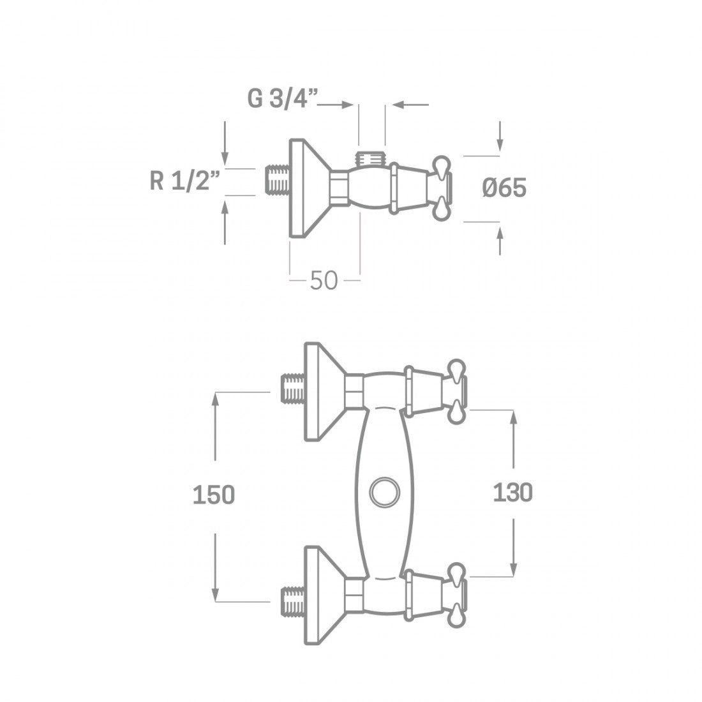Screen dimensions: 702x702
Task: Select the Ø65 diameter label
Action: (505, 188)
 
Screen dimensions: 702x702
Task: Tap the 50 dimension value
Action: (324, 280)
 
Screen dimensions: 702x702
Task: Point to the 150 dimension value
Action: (214, 495)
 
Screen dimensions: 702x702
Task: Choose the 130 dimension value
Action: (512, 492)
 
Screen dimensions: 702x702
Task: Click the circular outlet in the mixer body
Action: (384, 492)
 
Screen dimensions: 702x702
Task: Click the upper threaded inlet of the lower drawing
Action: (293, 390)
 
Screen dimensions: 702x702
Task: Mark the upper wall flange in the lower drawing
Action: (324, 391)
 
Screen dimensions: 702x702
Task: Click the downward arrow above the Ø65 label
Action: (500, 135)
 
